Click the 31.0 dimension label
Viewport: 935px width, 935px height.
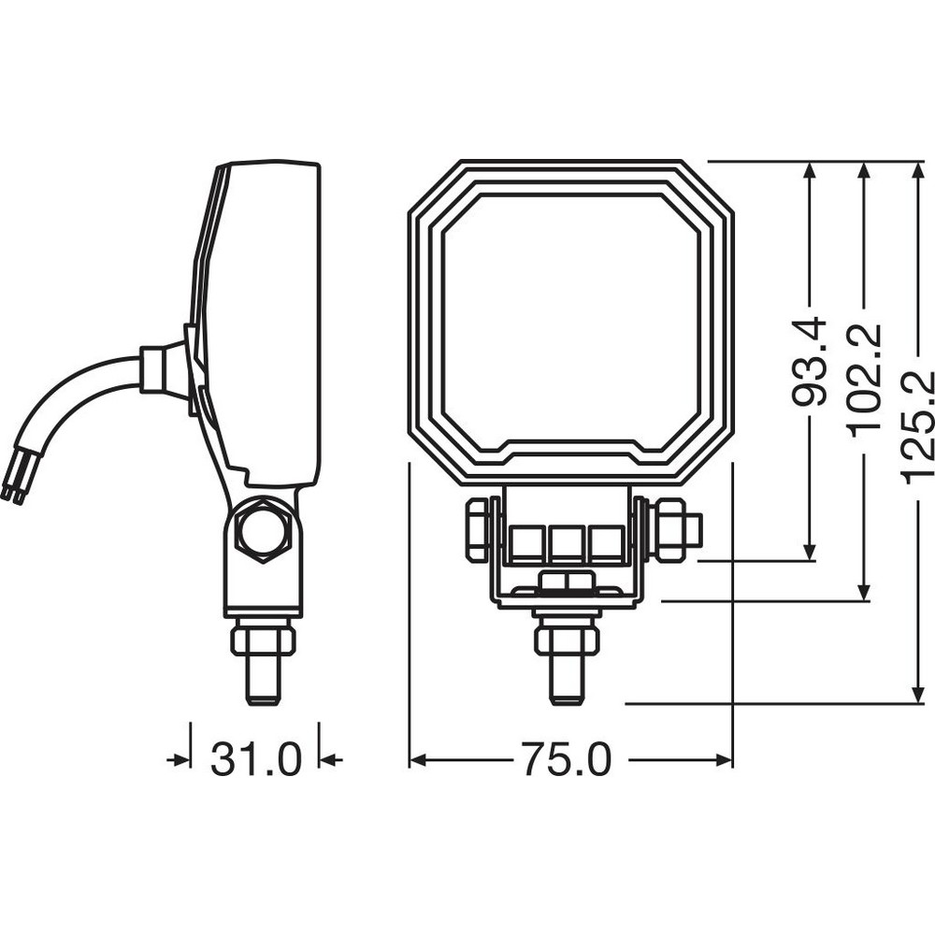tap(255, 759)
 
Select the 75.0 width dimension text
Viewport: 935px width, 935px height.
tap(568, 759)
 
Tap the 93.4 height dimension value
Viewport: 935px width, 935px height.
tap(809, 363)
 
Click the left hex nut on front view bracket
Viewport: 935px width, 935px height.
tap(478, 529)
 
